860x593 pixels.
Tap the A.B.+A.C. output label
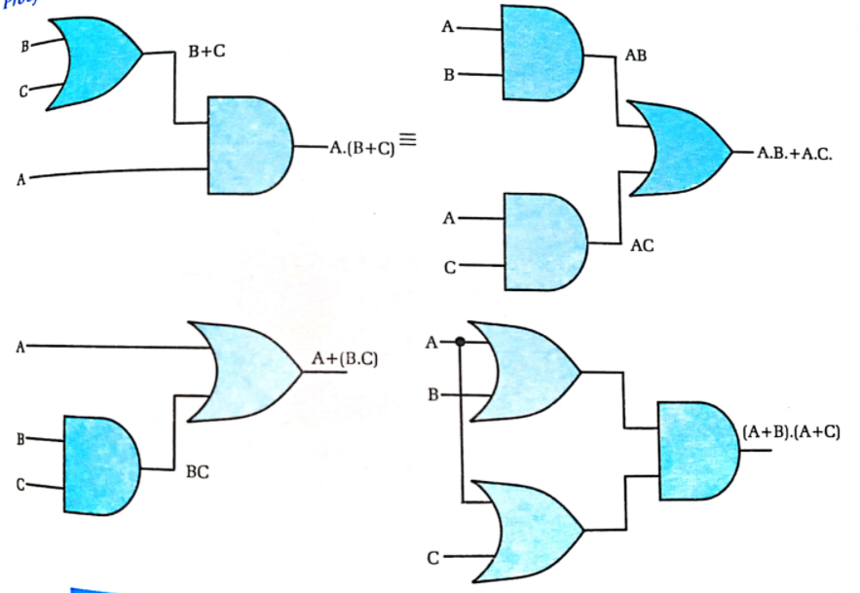coord(794,155)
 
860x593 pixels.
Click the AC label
coord(642,246)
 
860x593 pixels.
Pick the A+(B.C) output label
coord(344,359)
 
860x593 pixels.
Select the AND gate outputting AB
coord(542,53)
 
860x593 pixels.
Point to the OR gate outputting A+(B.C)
coord(243,371)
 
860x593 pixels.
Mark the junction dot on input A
coord(460,343)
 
